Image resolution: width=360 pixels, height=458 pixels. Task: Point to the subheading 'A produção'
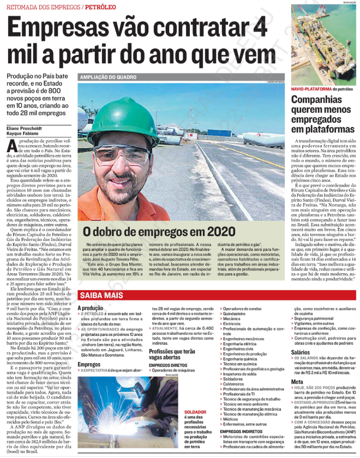pos(90,308)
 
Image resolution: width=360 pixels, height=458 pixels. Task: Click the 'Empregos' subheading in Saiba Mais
pos(88,364)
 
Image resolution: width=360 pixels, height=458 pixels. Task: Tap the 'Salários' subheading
pos(301,353)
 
